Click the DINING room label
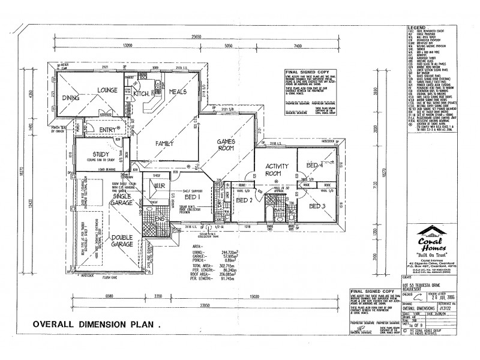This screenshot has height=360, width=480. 80,98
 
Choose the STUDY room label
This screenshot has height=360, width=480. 96,154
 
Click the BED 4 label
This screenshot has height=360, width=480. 314,165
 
